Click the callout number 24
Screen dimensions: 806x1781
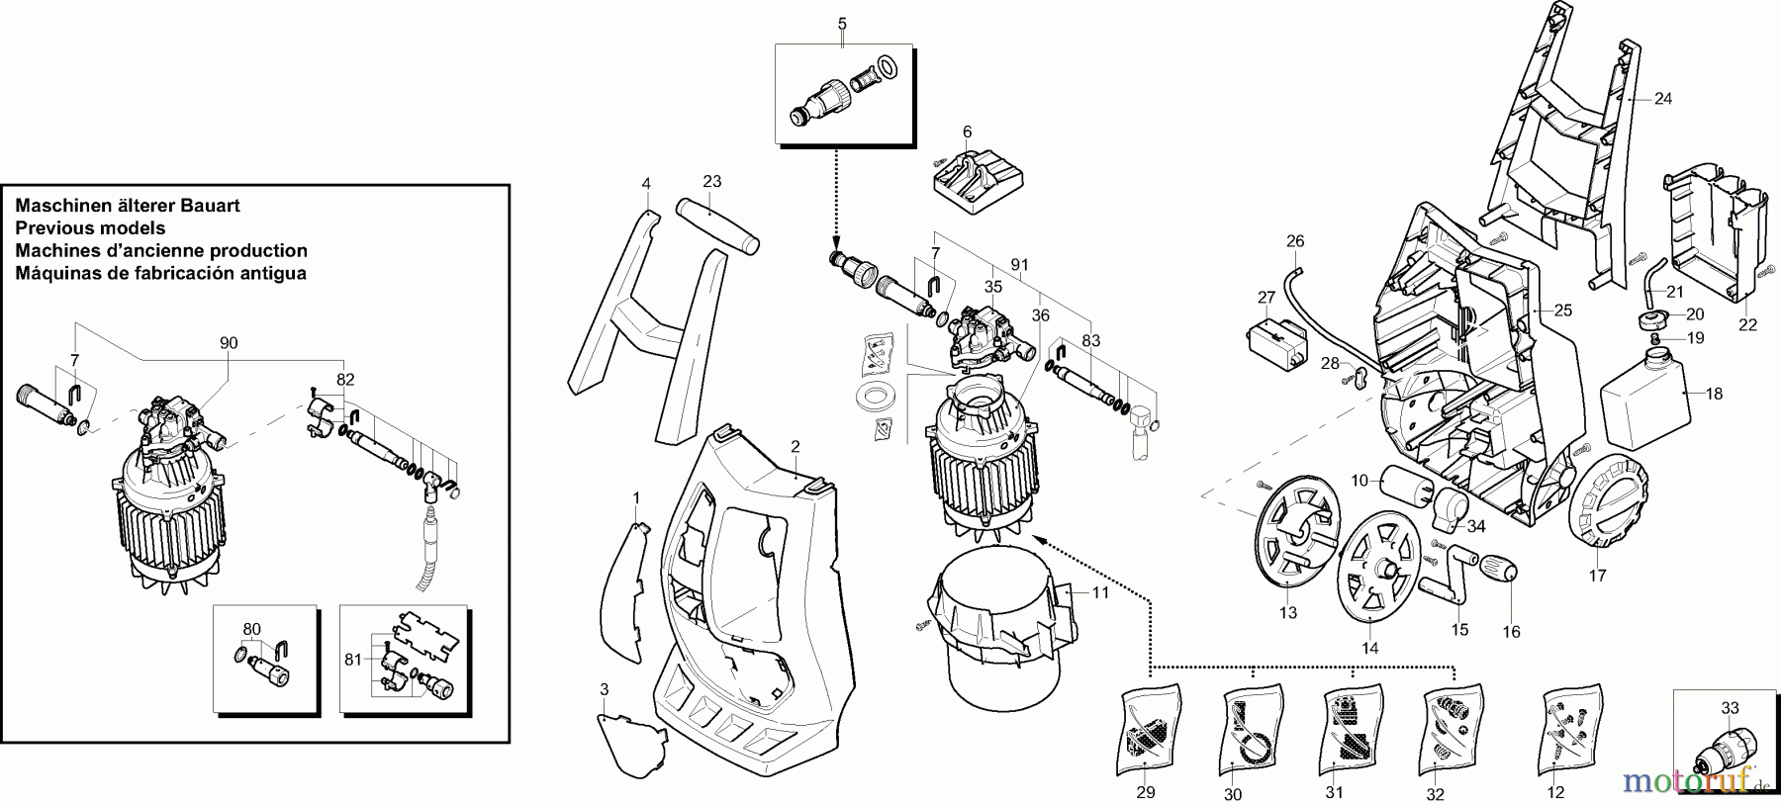click(1663, 99)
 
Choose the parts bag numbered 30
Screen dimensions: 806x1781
click(1249, 730)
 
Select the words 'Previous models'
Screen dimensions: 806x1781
click(90, 228)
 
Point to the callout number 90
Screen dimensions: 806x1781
click(229, 343)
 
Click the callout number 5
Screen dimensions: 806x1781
click(842, 21)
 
